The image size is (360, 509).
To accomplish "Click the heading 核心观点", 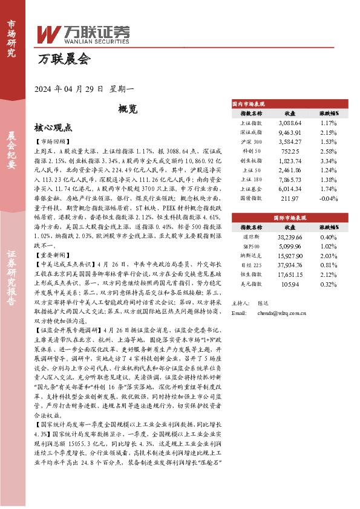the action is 53,128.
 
